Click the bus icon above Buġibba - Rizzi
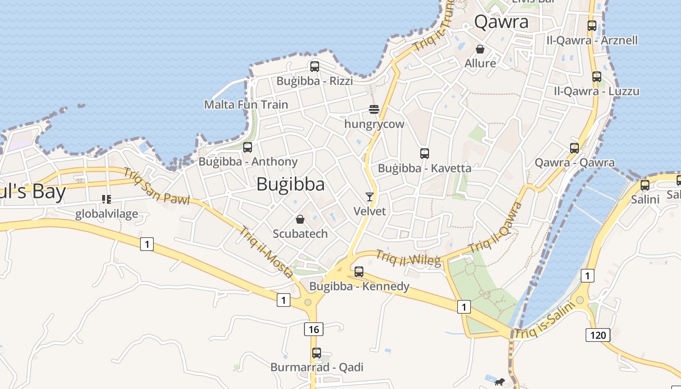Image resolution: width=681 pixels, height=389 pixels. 315,67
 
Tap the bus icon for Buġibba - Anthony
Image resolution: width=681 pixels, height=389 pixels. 248,147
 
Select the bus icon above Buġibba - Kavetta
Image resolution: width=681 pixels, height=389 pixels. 425,154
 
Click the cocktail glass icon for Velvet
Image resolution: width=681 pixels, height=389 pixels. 370,197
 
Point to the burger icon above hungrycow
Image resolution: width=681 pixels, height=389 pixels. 374,109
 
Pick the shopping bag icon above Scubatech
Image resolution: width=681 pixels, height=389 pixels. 300,219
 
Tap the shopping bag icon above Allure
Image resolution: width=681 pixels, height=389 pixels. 480,49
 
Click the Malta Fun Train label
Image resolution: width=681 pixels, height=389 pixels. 246,105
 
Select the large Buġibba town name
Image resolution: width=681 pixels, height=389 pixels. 290,184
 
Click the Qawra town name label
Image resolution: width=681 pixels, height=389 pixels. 501,22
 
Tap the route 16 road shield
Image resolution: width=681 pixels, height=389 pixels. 314,329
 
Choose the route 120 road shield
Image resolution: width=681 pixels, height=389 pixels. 598,335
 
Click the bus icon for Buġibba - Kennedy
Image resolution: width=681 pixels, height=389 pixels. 359,272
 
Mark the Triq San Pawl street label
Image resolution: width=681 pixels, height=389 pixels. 156,186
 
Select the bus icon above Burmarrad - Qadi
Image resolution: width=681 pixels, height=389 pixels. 317,353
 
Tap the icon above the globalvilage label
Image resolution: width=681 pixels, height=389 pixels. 107,199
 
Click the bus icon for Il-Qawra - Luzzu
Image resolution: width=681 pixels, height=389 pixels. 597,77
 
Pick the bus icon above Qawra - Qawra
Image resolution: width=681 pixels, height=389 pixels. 574,148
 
